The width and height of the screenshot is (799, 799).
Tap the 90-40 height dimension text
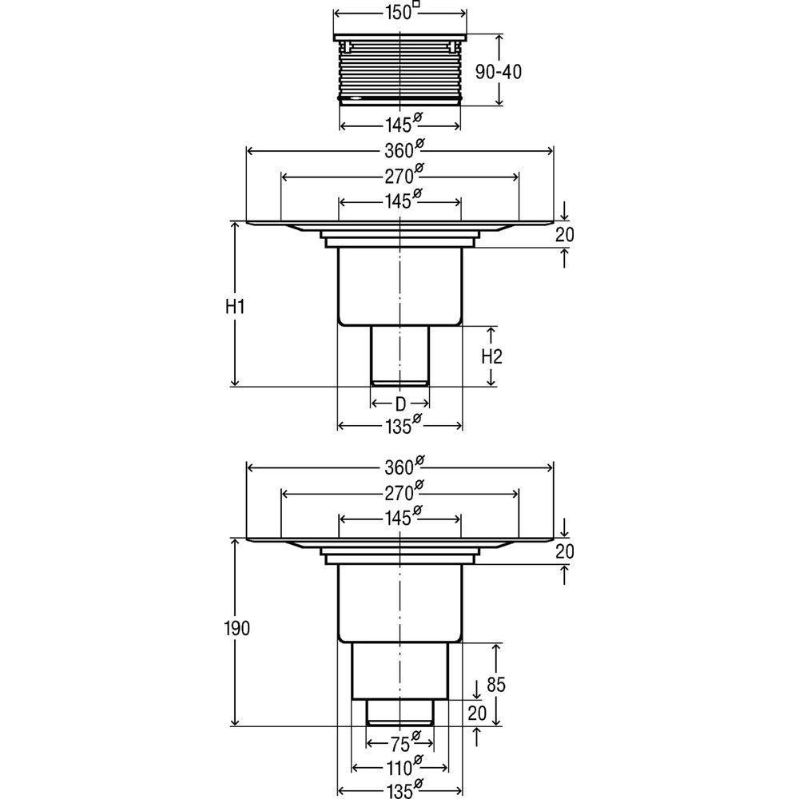[499, 72]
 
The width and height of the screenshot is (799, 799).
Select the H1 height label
[235, 307]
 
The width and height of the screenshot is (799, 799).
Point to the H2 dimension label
[491, 356]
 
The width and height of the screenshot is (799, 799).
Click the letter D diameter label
[400, 404]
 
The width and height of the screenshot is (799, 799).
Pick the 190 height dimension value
[237, 628]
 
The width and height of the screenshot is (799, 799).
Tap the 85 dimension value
[496, 685]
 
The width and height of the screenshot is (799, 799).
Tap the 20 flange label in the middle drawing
[565, 234]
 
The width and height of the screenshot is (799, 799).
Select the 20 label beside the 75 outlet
[477, 714]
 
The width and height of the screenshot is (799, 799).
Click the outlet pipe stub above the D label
[400, 356]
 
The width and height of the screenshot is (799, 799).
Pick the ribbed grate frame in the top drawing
[400, 70]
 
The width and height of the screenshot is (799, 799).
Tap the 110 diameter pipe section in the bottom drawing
[400, 670]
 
